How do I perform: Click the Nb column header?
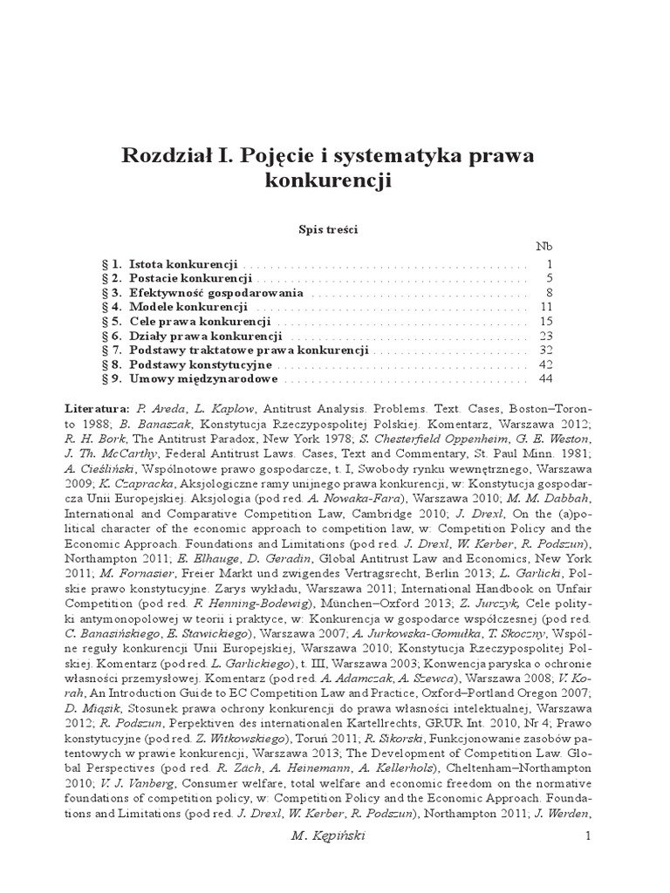[544, 247]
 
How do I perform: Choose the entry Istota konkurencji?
[183, 263]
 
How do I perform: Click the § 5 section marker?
[110, 322]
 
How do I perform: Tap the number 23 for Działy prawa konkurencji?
[547, 336]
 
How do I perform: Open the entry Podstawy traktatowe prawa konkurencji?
[249, 351]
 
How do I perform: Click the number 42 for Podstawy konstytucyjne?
[547, 365]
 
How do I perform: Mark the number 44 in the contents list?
[547, 379]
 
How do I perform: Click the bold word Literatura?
[96, 408]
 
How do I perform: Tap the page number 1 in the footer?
[589, 836]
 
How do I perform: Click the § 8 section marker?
[110, 365]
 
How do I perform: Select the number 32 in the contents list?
[547, 351]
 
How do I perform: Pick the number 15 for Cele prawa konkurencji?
[547, 322]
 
